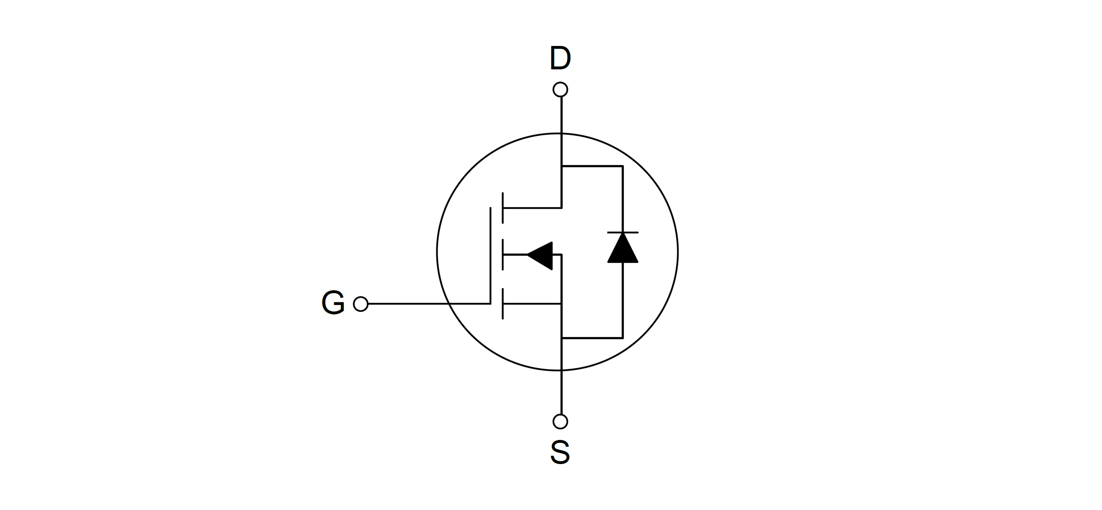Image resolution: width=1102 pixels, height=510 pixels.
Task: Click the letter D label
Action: pos(560,59)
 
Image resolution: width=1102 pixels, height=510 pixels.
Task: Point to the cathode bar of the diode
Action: pos(623,233)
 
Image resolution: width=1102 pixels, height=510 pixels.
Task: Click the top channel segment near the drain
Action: pos(503,208)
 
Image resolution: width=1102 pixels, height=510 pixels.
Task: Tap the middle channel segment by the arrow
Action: pos(503,255)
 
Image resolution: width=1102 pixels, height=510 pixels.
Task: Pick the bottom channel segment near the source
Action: pos(503,304)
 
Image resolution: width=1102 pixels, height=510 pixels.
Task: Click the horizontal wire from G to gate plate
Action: pos(429,304)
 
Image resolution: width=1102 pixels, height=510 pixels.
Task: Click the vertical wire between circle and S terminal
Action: pos(561,392)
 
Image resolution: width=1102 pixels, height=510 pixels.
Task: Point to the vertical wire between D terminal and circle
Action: pos(561,115)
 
